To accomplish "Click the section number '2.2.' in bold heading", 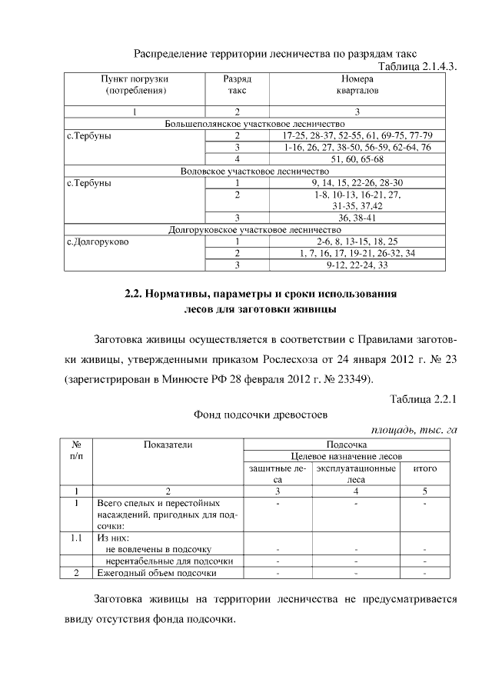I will tap(136, 295).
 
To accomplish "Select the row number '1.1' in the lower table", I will tap(76, 538).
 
